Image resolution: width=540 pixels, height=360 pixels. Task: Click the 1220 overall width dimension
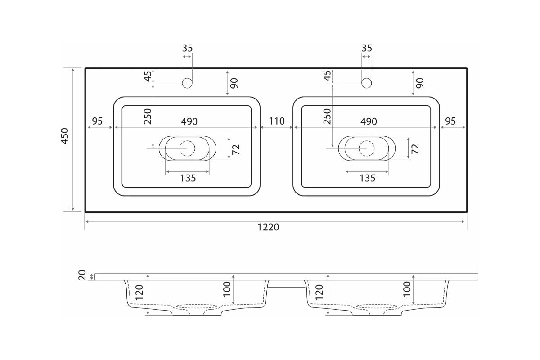click(268, 227)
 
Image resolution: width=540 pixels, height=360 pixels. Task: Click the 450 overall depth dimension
click(65, 136)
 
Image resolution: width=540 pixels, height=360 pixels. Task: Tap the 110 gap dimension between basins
click(277, 121)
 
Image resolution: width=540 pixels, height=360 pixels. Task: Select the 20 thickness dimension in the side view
click(82, 275)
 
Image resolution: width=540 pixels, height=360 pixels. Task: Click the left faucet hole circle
click(187, 83)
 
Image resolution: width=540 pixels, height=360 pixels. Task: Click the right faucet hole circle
click(366, 83)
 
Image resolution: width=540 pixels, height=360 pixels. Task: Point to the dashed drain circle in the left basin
click(187, 148)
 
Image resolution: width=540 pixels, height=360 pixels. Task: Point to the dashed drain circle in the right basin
click(366, 148)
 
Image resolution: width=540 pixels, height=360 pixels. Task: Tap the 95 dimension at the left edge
click(97, 121)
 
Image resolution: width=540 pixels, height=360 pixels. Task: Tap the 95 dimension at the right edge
click(450, 121)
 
